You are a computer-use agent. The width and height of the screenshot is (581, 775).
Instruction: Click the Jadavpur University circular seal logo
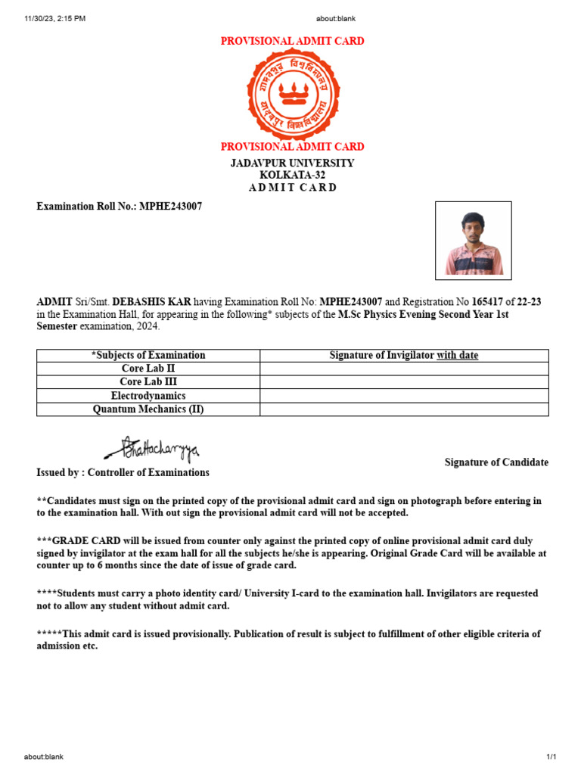291,95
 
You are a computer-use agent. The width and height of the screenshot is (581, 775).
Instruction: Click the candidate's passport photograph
474,240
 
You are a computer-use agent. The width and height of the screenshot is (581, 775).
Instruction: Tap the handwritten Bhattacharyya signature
152,450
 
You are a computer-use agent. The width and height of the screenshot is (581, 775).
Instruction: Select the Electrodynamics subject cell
148,396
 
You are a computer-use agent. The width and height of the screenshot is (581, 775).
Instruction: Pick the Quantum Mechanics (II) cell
148,409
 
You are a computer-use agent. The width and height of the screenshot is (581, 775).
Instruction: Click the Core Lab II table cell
148,369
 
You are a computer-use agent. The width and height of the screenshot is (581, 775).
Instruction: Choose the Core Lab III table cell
148,382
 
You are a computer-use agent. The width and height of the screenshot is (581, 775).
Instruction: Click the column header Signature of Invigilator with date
404,355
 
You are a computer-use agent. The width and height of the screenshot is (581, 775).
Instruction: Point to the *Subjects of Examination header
148,355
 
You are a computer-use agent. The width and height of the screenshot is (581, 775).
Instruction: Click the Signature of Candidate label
496,462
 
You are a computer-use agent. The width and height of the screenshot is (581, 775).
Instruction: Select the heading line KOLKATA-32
292,175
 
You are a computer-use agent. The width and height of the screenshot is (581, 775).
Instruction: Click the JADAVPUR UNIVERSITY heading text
292,163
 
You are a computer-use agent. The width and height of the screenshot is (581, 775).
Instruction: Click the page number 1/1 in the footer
551,757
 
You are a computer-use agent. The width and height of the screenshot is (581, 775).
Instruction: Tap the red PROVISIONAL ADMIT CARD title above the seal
292,41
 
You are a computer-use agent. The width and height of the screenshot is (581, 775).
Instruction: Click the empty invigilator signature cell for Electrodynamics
404,396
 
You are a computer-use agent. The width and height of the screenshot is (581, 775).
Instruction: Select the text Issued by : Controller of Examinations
123,472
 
